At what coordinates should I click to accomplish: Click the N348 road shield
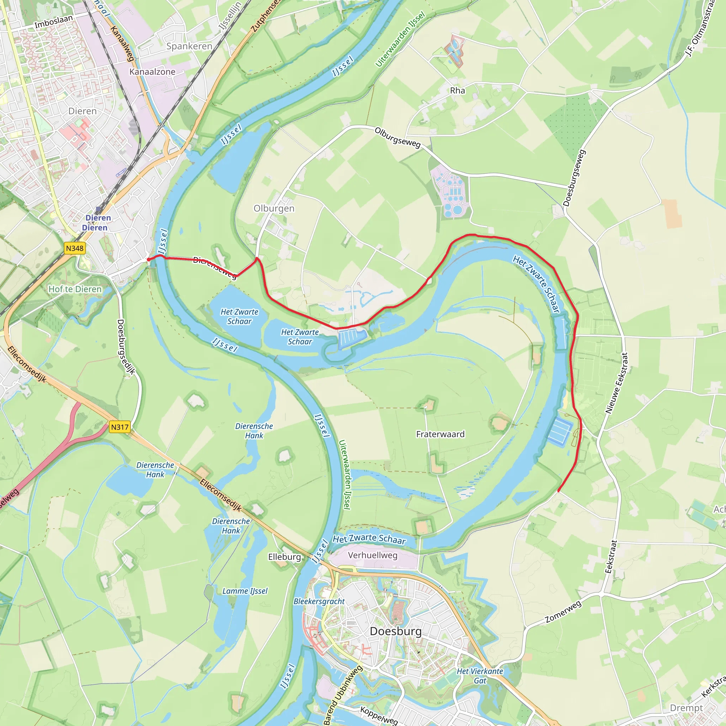point(74,248)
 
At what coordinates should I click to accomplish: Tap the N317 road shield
point(120,427)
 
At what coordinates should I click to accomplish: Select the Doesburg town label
point(396,631)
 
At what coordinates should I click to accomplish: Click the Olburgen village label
point(274,208)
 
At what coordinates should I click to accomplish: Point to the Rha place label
point(457,90)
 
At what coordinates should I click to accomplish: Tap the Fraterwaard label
point(440,434)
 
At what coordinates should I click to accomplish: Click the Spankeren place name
point(189,46)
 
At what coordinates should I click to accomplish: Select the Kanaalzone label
point(152,71)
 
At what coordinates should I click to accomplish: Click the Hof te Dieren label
point(75,289)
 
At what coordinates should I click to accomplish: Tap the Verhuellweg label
point(373,555)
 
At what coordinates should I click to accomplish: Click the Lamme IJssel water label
point(245,591)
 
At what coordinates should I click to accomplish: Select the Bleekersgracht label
point(319,601)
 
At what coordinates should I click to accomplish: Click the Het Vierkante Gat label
point(480,676)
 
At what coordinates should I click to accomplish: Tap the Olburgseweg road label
point(398,138)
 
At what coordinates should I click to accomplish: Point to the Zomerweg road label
point(563,611)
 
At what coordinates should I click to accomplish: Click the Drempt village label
point(686,708)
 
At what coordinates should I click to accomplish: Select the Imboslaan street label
point(54,22)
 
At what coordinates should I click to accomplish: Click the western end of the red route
point(149,259)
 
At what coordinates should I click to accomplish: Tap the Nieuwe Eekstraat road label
point(617,383)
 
